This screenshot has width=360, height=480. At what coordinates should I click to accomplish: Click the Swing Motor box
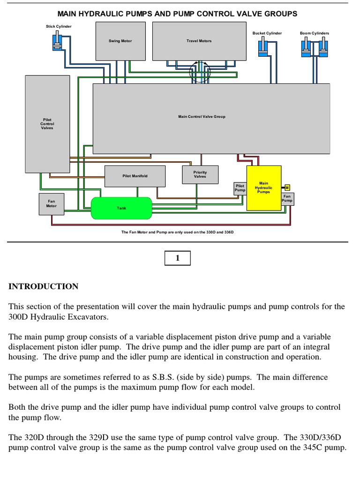[120, 41]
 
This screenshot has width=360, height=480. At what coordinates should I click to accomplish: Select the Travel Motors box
[199, 41]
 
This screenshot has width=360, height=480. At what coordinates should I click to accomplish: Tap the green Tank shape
[121, 208]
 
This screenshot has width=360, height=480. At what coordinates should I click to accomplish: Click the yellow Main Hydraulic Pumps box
[263, 188]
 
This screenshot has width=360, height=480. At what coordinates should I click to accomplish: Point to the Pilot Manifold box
[135, 176]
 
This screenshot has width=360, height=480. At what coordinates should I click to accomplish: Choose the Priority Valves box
[200, 174]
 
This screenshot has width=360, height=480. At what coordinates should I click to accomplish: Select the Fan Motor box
[51, 204]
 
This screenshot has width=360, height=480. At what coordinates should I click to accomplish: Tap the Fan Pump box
[287, 199]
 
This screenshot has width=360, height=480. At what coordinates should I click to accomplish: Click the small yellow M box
[287, 187]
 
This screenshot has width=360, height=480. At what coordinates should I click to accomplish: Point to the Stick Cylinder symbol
[56, 42]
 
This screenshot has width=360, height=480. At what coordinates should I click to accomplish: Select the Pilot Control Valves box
[47, 124]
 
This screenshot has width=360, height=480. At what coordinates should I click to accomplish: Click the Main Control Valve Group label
[202, 117]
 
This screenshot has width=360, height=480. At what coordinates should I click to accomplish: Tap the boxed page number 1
[177, 258]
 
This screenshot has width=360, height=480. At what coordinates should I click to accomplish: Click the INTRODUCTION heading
[44, 286]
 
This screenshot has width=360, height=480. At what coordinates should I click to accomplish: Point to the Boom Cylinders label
[315, 33]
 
